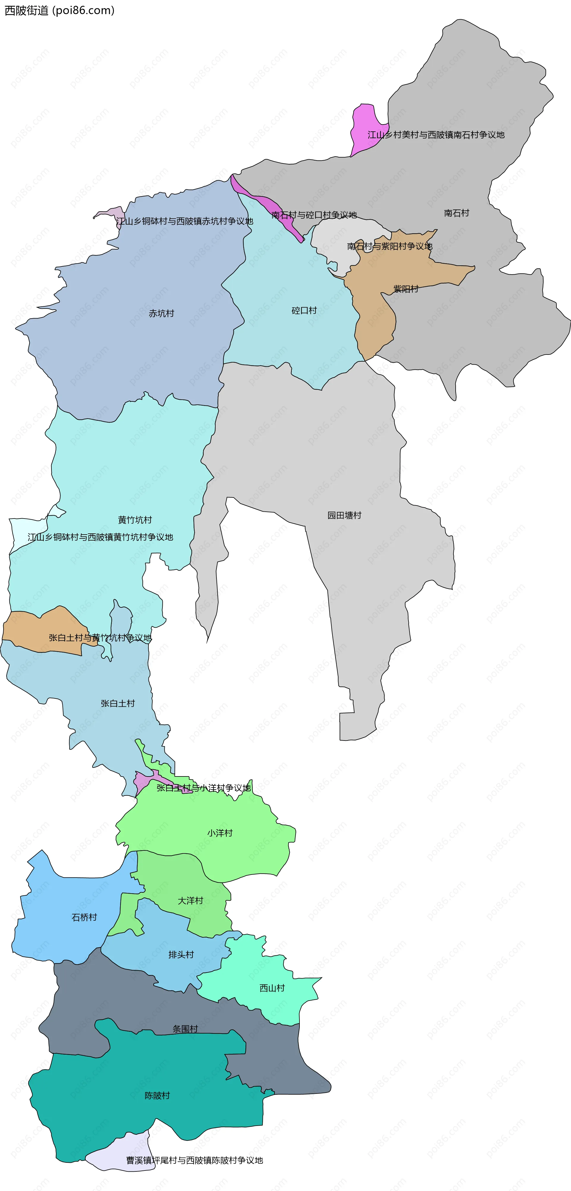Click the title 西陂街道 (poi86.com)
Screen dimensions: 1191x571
point(59,10)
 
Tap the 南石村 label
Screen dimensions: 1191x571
point(456,213)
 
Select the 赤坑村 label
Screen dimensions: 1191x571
point(161,313)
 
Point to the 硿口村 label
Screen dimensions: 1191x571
point(304,311)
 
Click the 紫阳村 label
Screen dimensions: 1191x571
point(406,289)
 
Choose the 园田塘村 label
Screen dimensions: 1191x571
point(344,516)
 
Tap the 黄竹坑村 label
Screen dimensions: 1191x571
point(135,520)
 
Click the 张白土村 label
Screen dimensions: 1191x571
point(117,704)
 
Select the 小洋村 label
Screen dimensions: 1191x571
point(220,833)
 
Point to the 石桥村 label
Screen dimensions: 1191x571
point(84,917)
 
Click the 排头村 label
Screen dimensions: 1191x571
point(181,955)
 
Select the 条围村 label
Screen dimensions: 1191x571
point(185,1029)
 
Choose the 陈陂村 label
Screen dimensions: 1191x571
point(157,1095)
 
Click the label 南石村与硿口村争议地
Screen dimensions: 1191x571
point(314,215)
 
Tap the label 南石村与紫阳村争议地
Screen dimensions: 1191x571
point(390,246)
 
